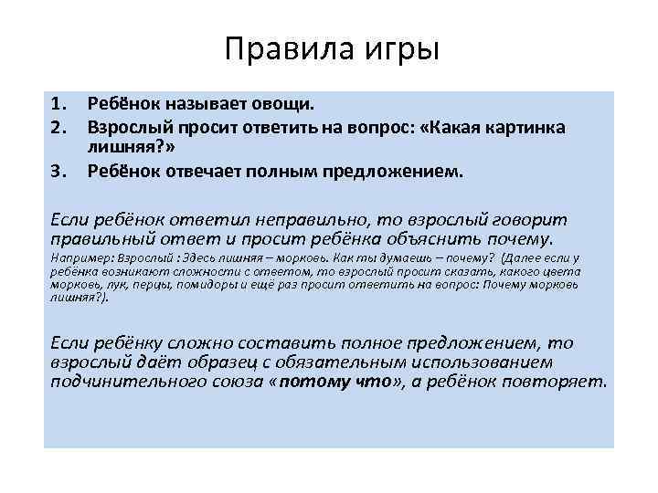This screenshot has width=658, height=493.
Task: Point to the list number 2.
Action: tap(60, 127)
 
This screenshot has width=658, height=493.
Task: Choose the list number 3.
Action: tap(60, 169)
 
